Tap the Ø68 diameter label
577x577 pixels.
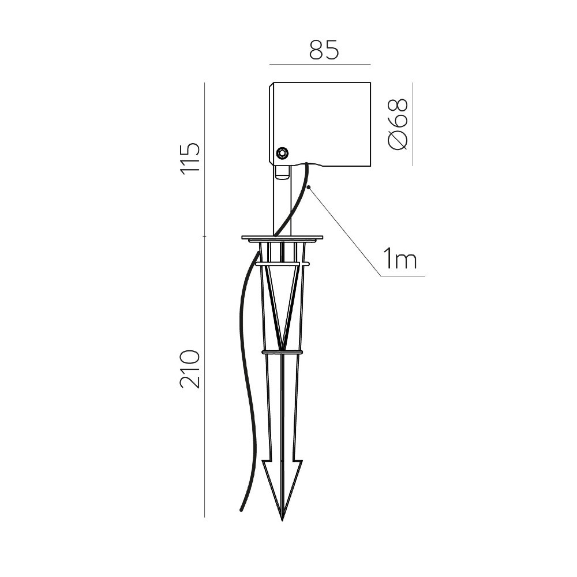tap(398, 124)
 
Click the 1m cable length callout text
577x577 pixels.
tap(400, 258)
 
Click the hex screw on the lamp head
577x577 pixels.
tap(283, 153)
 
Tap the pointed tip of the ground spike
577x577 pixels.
tap(282, 520)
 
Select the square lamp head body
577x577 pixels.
tap(320, 125)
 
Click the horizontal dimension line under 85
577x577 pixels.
tap(320, 65)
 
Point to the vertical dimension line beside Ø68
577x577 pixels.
tap(412, 124)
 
